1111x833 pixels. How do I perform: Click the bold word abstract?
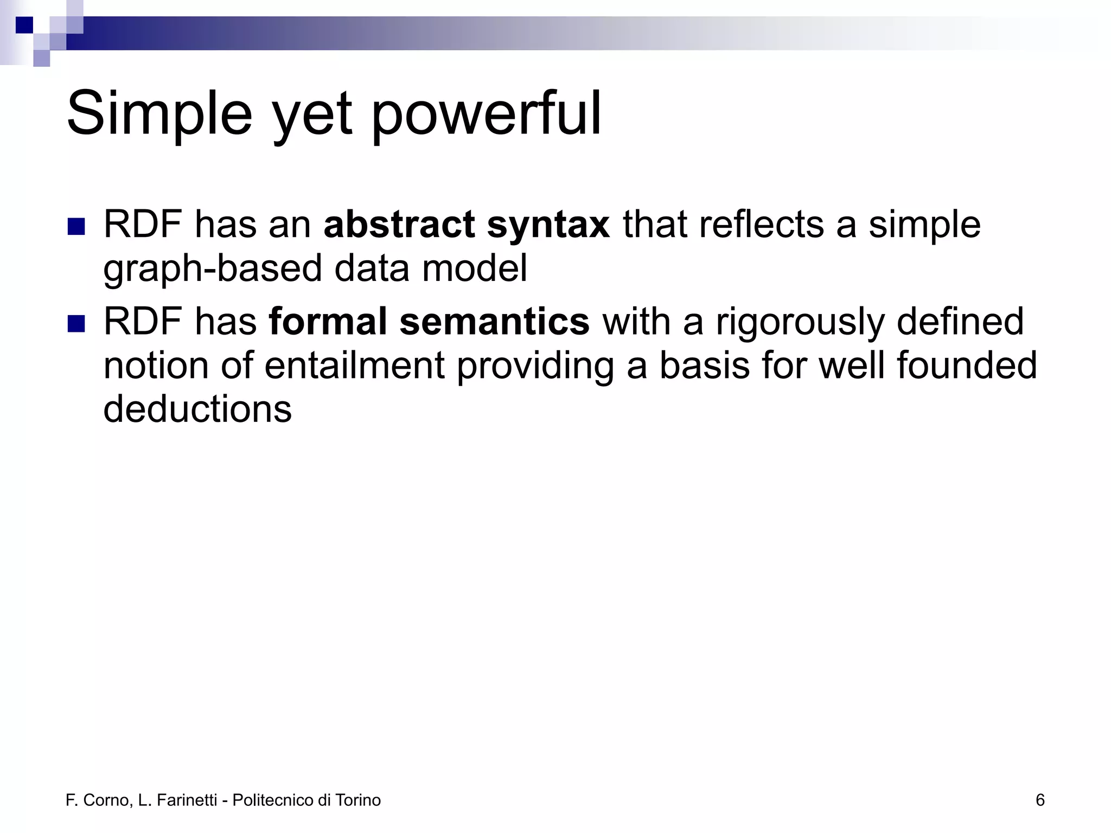pyautogui.click(x=399, y=225)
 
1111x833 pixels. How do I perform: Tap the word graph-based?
pyautogui.click(x=212, y=270)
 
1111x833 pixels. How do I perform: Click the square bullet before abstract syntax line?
pyautogui.click(x=76, y=227)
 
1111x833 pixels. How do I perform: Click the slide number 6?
pyautogui.click(x=1040, y=800)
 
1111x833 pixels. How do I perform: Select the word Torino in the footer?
pyautogui.click(x=358, y=800)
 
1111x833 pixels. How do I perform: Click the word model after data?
pyautogui.click(x=474, y=268)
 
